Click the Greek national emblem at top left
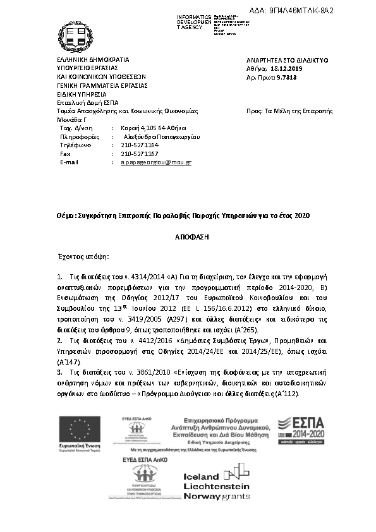(76, 36)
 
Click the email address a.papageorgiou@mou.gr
(155, 162)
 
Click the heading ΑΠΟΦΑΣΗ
(188, 234)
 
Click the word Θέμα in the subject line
(66, 215)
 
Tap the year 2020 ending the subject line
(303, 215)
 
